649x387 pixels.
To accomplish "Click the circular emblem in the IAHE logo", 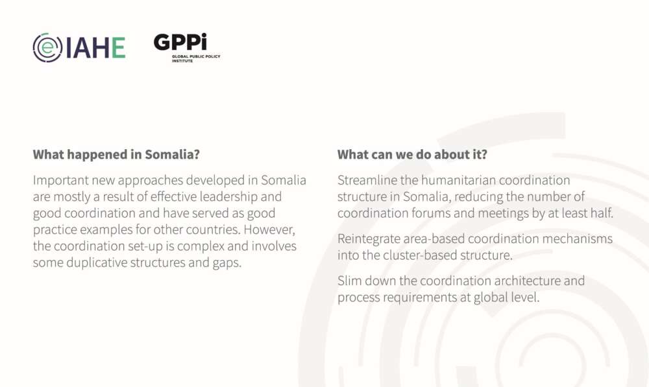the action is tap(47, 47).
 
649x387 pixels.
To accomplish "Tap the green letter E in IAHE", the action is tap(118, 47).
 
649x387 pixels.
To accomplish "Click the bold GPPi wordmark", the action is tap(180, 41).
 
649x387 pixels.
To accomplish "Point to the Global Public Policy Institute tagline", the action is tap(196, 58).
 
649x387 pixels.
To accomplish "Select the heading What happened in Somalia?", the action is tap(116, 155).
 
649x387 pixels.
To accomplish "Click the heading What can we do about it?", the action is tap(412, 155).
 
